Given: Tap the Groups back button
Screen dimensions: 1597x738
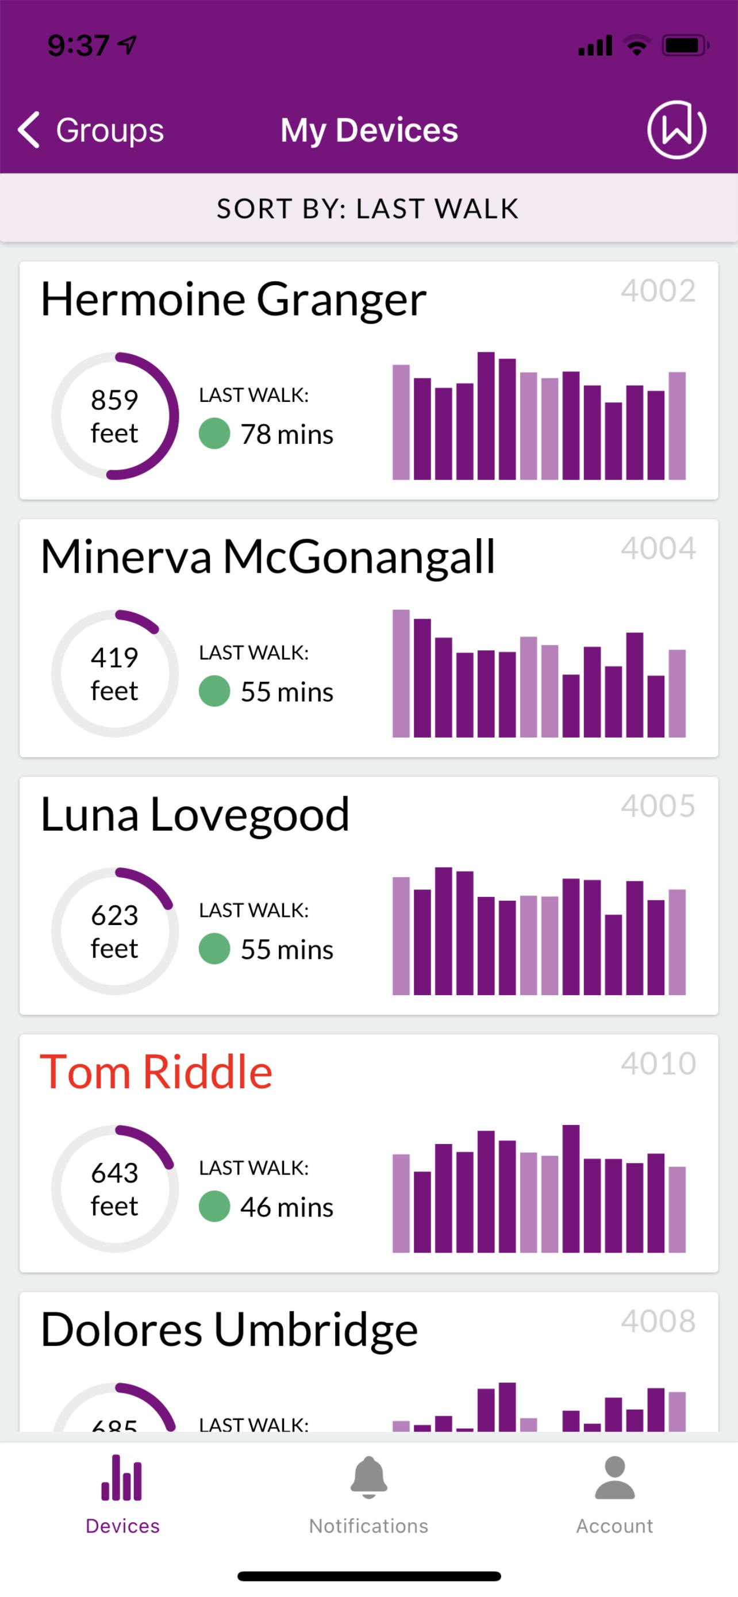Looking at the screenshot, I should click(x=91, y=130).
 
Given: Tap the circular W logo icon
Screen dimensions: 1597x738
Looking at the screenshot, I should click(x=676, y=129).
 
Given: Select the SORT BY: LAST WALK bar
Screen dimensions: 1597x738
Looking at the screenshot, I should click(x=368, y=208).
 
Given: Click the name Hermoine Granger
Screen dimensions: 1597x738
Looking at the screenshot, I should click(x=233, y=300).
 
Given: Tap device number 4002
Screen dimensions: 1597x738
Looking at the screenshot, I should click(x=658, y=291).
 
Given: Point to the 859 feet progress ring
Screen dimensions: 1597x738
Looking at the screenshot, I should click(x=114, y=416).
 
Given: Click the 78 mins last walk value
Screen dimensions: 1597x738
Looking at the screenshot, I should click(x=287, y=434).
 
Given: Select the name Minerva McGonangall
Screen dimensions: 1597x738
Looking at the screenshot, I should click(x=268, y=556).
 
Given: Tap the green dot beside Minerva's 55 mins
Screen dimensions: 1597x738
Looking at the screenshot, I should click(x=214, y=691).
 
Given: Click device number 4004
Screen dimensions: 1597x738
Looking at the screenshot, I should click(x=658, y=548).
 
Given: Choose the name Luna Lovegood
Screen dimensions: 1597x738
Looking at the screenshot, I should click(x=195, y=814).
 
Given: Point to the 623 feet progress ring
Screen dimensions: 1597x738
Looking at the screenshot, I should click(x=114, y=931).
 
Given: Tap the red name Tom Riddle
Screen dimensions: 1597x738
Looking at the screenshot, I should click(x=156, y=1072).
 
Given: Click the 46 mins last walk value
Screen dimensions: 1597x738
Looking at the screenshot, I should click(x=287, y=1207).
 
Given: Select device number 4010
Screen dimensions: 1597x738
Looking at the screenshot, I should click(x=658, y=1064).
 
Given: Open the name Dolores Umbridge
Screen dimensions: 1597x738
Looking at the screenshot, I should click(x=229, y=1329).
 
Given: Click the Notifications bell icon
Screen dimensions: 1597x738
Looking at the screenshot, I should click(x=368, y=1478).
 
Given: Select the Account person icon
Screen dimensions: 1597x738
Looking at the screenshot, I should click(x=614, y=1478).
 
